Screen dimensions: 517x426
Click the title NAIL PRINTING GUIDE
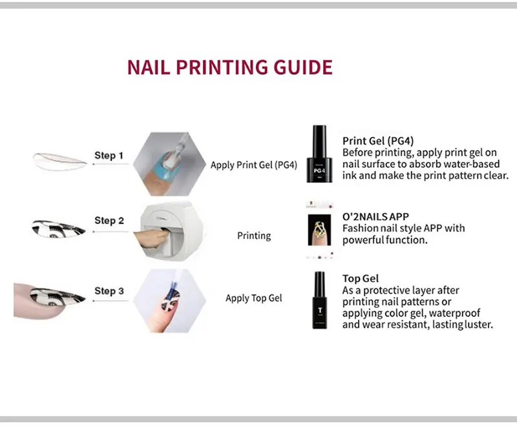230,67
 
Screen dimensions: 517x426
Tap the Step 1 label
109,156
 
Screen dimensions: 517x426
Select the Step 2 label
109,220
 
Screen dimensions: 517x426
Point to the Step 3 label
109,291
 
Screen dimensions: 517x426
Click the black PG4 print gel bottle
319,154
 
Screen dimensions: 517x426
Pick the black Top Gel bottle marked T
319,300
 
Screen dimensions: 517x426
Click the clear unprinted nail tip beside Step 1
59,161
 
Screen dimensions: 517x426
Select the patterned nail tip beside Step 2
58,228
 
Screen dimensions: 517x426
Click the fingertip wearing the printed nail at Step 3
50,300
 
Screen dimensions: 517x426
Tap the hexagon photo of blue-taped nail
169,163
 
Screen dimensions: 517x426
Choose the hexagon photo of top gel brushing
169,301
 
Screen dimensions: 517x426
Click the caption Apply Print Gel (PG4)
254,165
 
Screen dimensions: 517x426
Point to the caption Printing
254,236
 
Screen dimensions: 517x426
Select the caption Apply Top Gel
254,298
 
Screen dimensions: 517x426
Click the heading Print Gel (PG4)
378,141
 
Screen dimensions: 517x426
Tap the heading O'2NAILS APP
375,217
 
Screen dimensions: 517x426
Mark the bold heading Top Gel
361,278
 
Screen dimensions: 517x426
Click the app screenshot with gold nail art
319,230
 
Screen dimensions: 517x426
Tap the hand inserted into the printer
152,239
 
